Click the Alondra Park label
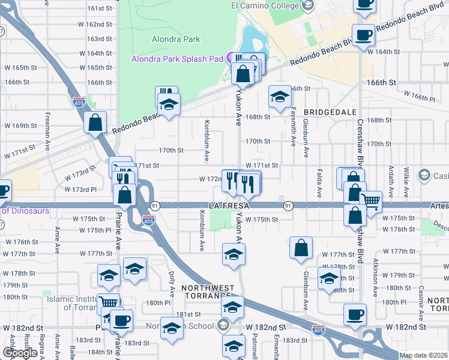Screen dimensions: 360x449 [176, 39]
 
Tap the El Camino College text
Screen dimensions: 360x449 [265, 5]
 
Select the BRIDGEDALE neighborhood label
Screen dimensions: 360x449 [330, 112]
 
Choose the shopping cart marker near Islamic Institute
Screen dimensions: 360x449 [108, 303]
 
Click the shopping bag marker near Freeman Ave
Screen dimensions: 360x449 [95, 122]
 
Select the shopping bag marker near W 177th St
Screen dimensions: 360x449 [301, 247]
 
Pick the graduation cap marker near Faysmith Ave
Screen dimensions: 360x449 [279, 96]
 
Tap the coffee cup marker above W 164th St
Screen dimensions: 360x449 [364, 35]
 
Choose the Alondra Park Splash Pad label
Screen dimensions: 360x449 [178, 59]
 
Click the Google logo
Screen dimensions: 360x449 [19, 353]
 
